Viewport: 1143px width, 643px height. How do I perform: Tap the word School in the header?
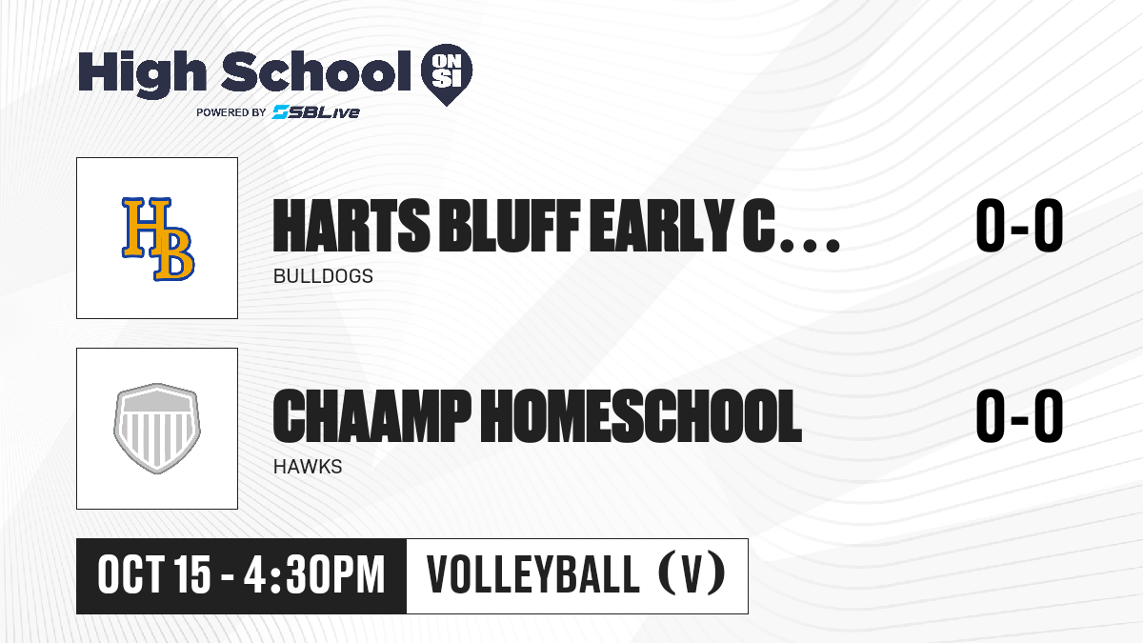[316, 71]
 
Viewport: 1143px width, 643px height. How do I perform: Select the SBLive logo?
[315, 112]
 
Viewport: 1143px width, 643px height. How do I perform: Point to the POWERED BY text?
[231, 112]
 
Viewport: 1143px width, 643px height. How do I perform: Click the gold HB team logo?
[158, 239]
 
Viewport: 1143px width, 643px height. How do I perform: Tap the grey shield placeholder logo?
[157, 429]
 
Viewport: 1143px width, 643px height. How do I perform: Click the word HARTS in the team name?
[351, 226]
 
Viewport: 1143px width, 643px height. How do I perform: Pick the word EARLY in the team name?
[660, 226]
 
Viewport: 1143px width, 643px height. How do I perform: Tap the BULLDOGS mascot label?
[323, 276]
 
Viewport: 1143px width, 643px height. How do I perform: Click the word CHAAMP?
[372, 416]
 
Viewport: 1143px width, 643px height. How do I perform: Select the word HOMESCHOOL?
[641, 416]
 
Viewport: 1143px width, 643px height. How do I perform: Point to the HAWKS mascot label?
[308, 467]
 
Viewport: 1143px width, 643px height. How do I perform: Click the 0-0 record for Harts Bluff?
[1019, 226]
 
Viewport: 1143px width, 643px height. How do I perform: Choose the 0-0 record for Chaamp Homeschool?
[1019, 416]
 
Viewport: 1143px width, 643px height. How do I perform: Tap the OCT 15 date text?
[154, 575]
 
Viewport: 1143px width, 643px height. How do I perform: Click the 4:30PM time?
[313, 575]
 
